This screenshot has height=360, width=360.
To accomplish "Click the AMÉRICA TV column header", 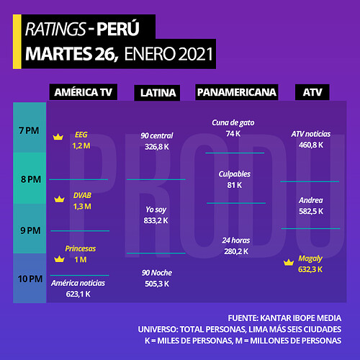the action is (x=84, y=92).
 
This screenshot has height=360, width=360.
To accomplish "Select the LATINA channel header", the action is (x=157, y=93).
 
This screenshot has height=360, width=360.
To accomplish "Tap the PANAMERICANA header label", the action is (x=237, y=92).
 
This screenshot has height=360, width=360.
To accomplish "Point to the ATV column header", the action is (x=312, y=92).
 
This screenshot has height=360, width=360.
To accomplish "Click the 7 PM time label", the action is (x=29, y=131).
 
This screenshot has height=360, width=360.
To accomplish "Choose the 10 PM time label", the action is (x=30, y=279).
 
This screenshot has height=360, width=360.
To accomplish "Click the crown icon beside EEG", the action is (x=58, y=137).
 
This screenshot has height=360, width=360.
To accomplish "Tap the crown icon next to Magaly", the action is (x=289, y=262).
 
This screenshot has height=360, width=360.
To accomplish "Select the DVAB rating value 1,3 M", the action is (x=82, y=207).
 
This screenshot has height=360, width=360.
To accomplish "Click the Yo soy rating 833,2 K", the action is (x=156, y=220).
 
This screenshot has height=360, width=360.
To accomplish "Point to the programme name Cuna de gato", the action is (x=233, y=122).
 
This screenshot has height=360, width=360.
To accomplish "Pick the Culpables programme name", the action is (x=235, y=174).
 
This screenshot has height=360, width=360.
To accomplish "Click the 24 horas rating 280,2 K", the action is (x=236, y=251).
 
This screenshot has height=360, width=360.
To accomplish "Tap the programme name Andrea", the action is (x=311, y=200).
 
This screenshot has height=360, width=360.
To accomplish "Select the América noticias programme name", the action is (x=78, y=283).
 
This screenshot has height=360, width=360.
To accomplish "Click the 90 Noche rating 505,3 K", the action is (x=157, y=284).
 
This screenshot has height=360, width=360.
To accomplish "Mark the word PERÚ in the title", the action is (x=118, y=29).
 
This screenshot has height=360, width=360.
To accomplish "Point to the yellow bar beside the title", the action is (x=17, y=42).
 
